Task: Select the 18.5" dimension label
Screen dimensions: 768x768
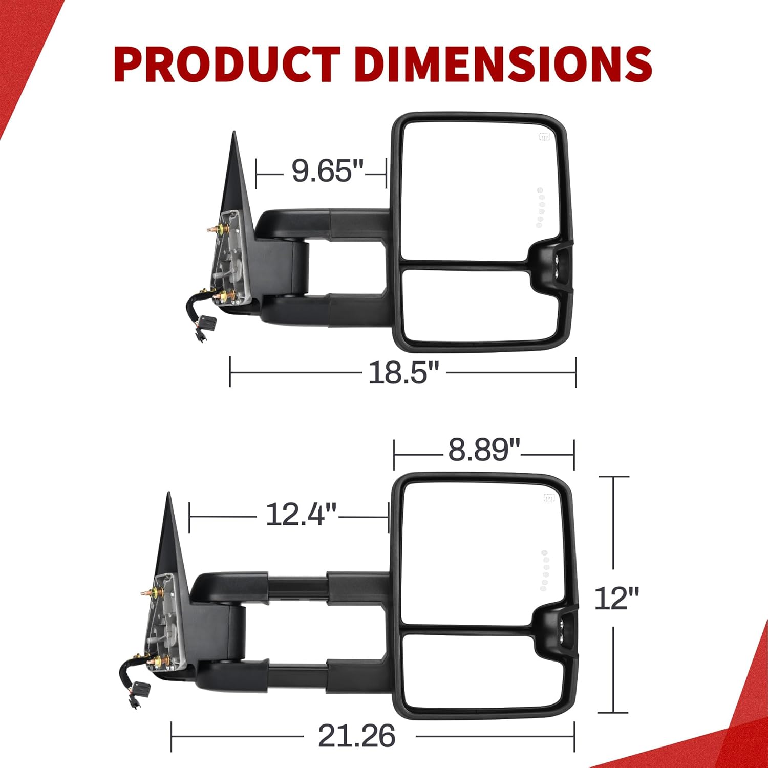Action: coord(404,372)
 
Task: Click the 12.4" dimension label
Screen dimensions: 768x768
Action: coord(302,514)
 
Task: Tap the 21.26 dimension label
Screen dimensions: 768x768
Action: coord(356,736)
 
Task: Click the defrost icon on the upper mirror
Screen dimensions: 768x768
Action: coord(544,137)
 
